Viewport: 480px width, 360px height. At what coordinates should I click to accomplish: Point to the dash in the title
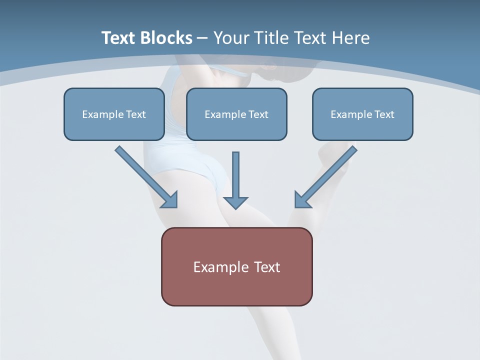coord(202,38)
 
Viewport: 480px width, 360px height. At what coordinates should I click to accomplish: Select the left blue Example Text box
coord(114,114)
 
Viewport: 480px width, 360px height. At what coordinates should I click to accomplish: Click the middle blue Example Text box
coord(236,114)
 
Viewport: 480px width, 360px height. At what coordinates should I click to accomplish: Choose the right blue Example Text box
coord(362,114)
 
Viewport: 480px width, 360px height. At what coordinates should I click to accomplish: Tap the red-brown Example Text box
coord(236,266)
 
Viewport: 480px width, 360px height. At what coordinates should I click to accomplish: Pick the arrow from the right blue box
coord(327,175)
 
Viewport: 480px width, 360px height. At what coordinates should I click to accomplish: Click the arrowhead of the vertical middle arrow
coord(235,201)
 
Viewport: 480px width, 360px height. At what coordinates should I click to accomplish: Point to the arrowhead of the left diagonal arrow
coord(170,200)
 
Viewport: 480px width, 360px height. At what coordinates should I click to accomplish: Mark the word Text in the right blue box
coord(384,114)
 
